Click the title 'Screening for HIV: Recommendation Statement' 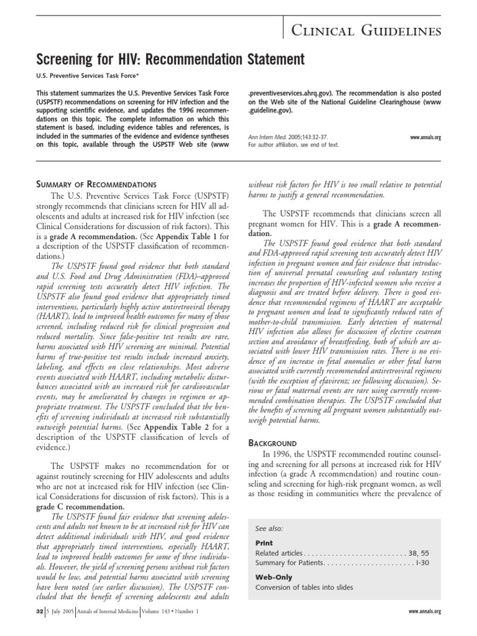tap(172, 60)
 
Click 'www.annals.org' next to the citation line tap(425, 137)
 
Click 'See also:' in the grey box tap(269, 528)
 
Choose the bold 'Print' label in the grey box tap(264, 542)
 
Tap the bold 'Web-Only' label tap(272, 576)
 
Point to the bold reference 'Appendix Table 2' tap(172, 427)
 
